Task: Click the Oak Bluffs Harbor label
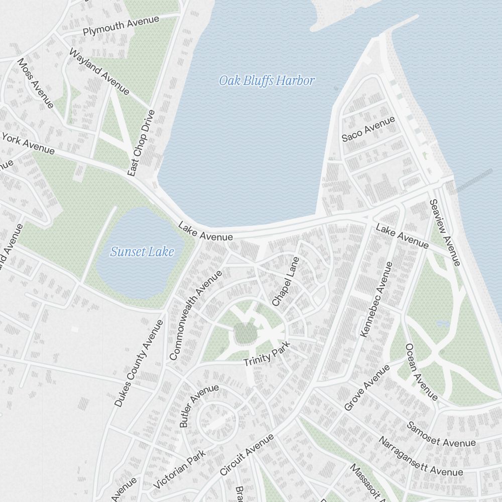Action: (267, 80)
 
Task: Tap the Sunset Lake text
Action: (142, 252)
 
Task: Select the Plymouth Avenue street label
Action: (121, 26)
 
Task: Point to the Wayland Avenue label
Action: (99, 71)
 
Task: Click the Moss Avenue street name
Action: (35, 83)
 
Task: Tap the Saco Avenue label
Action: (368, 129)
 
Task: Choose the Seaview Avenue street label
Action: (445, 232)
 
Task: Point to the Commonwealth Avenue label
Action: (195, 315)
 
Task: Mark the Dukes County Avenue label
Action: (139, 363)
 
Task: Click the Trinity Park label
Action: (267, 356)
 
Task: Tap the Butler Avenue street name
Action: (199, 406)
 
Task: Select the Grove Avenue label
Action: (367, 388)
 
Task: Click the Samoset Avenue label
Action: (441, 435)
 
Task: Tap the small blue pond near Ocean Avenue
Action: (442, 323)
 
